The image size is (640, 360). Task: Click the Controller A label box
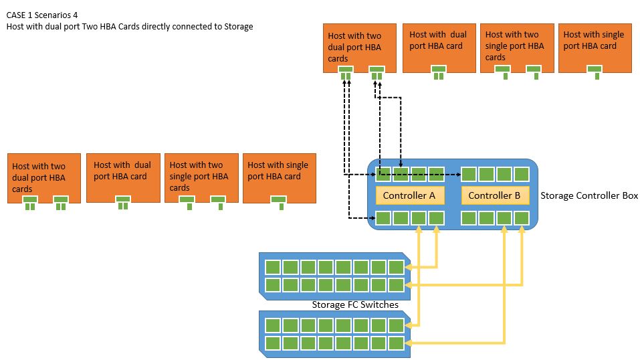(409, 195)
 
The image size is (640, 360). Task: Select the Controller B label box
(495, 195)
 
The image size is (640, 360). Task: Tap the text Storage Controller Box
(589, 196)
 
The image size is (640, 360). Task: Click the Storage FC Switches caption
(355, 305)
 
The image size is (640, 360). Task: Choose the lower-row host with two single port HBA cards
(200, 176)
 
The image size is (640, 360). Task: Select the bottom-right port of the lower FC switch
(396, 343)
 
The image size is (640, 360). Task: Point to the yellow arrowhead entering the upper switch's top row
(409, 268)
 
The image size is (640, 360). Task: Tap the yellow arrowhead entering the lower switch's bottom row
(409, 343)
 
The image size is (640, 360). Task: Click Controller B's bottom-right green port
(522, 218)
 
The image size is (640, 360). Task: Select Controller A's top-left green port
(383, 175)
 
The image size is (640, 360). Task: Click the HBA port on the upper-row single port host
(593, 70)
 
